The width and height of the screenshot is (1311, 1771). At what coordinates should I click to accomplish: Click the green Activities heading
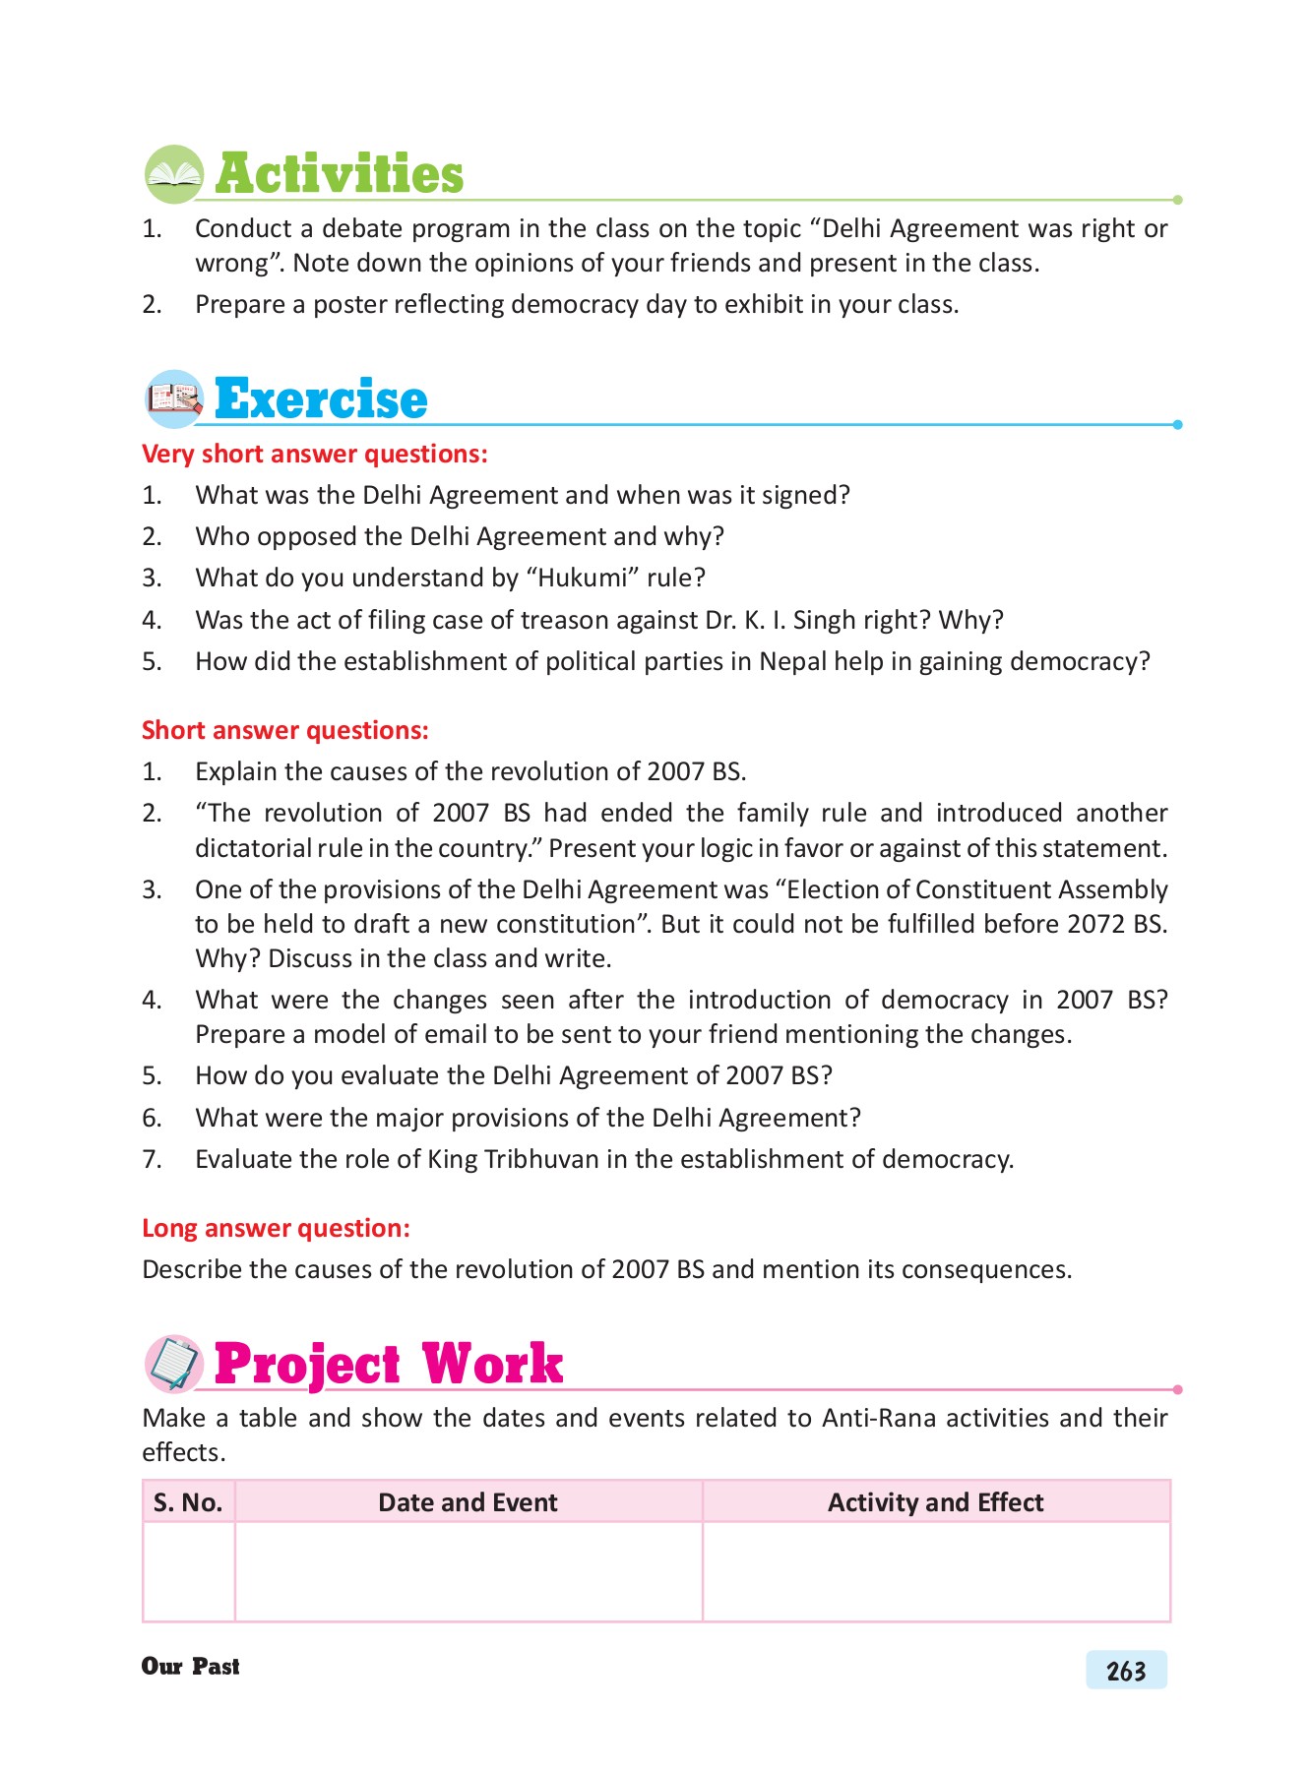(x=339, y=175)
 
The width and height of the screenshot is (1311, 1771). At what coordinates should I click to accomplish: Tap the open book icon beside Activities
(x=174, y=175)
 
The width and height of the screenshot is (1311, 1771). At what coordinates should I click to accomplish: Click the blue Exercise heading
(x=321, y=399)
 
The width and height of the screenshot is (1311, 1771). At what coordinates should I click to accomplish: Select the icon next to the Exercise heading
(x=174, y=399)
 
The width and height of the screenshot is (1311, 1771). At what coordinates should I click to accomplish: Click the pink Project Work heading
(x=388, y=1365)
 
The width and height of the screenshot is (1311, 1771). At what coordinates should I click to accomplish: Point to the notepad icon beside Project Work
(x=174, y=1365)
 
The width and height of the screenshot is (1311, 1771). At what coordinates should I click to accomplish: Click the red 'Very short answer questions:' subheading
(x=315, y=455)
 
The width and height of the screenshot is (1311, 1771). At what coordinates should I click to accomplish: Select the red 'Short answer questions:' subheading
(x=285, y=731)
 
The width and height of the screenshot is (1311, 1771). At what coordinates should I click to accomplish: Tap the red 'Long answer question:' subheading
(x=276, y=1229)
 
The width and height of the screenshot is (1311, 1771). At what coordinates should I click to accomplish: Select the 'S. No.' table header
(x=188, y=1503)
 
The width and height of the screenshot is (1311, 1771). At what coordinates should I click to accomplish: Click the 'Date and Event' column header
(x=468, y=1503)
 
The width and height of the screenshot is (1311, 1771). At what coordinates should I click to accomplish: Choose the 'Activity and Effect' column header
(x=935, y=1503)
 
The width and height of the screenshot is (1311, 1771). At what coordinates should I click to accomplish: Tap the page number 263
(x=1126, y=1672)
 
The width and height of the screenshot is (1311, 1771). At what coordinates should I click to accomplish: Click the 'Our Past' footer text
(x=191, y=1667)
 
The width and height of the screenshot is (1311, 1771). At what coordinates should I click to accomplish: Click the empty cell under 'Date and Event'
(x=468, y=1571)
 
